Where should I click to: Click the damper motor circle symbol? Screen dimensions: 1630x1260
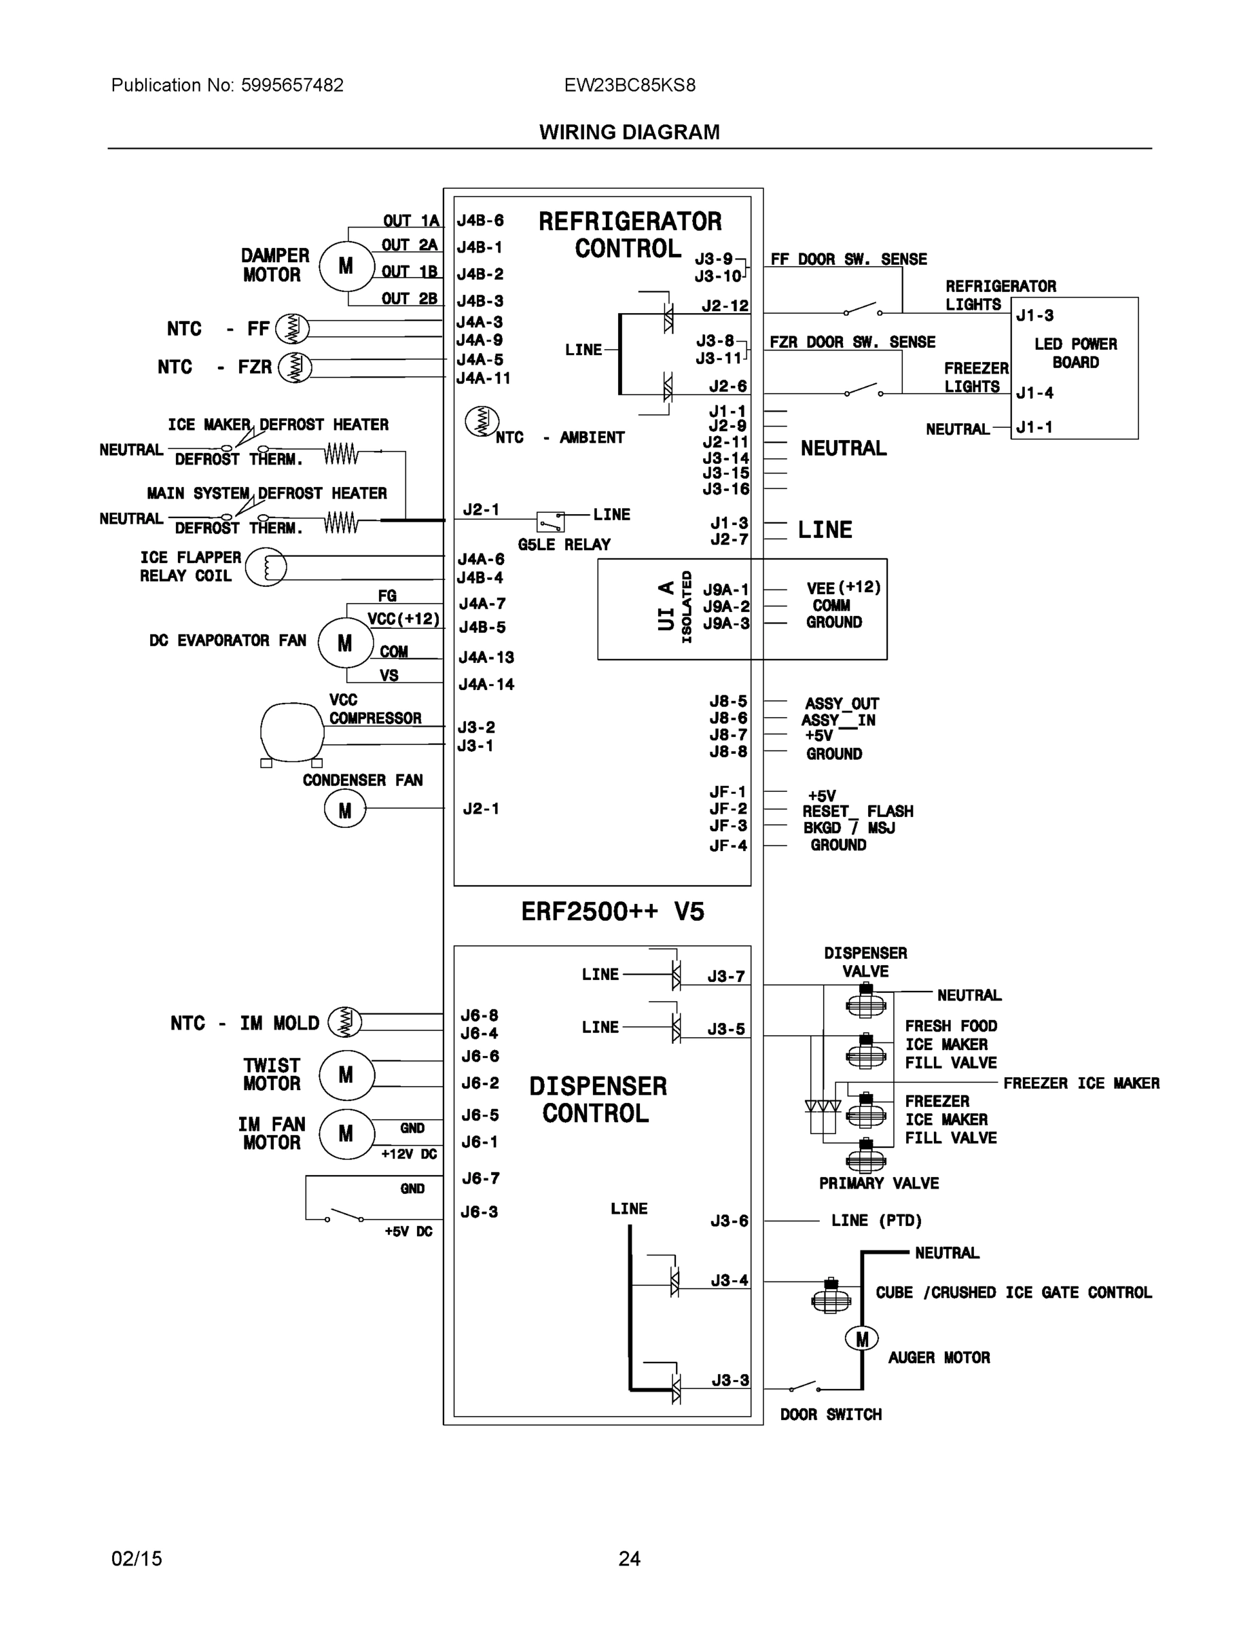click(x=346, y=266)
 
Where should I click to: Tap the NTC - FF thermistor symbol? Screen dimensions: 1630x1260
click(x=292, y=329)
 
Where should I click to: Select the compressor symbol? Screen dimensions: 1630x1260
click(x=292, y=732)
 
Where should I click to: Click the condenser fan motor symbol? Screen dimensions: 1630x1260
click(x=344, y=810)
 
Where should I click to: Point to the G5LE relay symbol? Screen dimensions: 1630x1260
click(x=551, y=520)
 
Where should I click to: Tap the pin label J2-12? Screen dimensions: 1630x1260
click(x=725, y=306)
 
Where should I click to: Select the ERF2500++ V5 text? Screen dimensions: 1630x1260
click(x=612, y=911)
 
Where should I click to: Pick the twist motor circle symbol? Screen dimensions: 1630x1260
click(x=346, y=1074)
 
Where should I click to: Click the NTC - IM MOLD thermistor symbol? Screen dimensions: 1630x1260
click(x=345, y=1021)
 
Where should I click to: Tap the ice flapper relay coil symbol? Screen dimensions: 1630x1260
click(x=266, y=566)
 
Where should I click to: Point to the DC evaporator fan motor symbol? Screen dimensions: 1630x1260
click(x=344, y=642)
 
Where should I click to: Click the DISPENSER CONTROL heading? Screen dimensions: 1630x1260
click(x=597, y=1100)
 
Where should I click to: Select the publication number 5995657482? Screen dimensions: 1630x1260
click(x=292, y=85)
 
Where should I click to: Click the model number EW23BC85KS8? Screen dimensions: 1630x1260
click(x=629, y=85)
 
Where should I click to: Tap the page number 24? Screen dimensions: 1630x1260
click(x=629, y=1559)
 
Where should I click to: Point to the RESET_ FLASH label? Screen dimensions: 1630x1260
click(x=857, y=812)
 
